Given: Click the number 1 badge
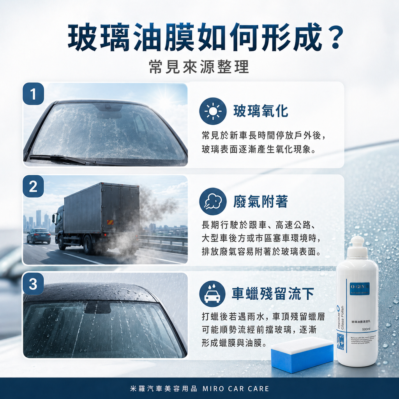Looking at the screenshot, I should [33, 94].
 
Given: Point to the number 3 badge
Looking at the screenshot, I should [33, 284].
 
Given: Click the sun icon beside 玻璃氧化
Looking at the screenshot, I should [212, 111].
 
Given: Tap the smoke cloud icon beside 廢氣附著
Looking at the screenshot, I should [212, 201].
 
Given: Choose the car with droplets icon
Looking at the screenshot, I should [212, 294].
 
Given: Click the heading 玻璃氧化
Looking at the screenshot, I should [261, 111].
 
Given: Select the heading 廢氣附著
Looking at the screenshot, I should [260, 201].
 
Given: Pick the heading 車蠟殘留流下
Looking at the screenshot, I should [273, 294].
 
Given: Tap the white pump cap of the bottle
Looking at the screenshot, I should [357, 247].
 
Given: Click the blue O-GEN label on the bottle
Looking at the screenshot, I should [359, 288].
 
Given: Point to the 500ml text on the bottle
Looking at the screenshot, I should [366, 329].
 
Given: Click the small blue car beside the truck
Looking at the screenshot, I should [39, 235].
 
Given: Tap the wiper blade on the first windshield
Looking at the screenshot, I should [62, 159].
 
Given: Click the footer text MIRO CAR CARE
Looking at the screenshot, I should [236, 388].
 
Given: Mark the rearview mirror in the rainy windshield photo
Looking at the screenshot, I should [97, 308].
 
